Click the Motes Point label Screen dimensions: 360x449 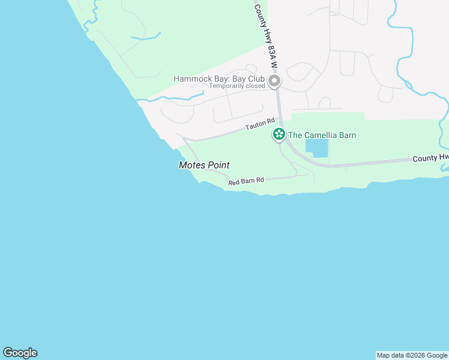[204, 165]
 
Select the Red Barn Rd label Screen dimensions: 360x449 [246, 180]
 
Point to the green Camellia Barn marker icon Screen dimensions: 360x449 [279, 135]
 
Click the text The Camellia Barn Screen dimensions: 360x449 [322, 135]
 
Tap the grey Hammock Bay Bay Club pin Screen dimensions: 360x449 [274, 80]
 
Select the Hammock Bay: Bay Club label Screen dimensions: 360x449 [219, 79]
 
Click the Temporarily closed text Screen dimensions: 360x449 [237, 86]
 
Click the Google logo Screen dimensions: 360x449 [20, 353]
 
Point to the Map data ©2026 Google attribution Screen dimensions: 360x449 [412, 355]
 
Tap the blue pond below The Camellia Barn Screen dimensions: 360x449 [317, 148]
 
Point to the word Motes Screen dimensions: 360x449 [191, 165]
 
